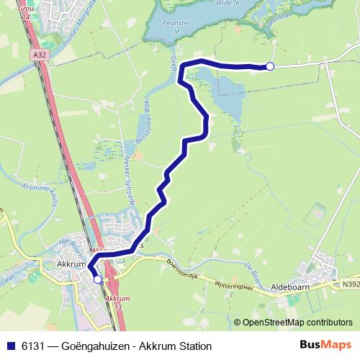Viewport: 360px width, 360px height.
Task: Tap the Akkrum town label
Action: pos(71,265)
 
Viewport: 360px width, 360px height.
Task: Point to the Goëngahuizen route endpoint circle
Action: pos(270,66)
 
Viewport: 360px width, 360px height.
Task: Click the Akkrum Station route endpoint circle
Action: pos(97,279)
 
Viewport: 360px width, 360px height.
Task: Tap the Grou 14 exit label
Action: pos(25,12)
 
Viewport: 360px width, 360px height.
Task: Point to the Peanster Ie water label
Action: pos(176,27)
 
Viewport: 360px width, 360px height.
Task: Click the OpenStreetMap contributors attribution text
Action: pos(297,322)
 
